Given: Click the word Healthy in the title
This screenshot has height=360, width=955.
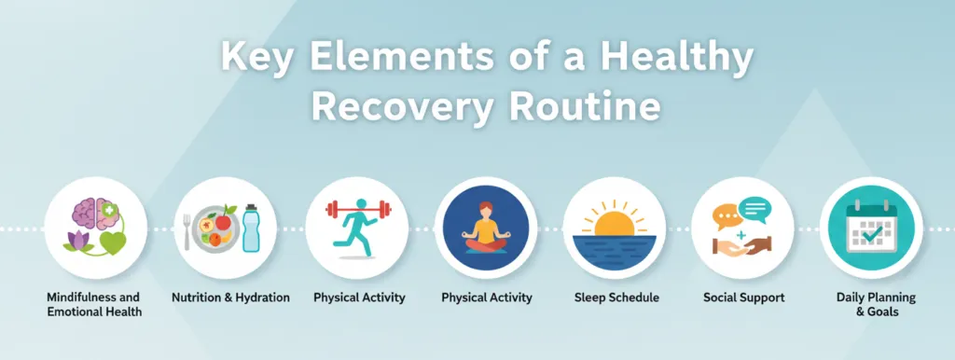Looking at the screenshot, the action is click(x=677, y=57).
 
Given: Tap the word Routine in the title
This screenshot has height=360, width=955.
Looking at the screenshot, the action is click(x=586, y=106).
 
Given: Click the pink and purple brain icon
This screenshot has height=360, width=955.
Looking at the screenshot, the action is click(x=94, y=215).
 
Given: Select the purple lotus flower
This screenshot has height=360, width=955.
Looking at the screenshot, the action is click(x=78, y=242).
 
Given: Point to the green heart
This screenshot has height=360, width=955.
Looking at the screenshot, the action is click(x=112, y=243).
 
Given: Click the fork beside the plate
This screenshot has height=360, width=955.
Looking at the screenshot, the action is click(x=187, y=232).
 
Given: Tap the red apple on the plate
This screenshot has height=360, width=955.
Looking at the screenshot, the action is click(x=223, y=220).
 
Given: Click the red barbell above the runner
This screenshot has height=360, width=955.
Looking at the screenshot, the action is click(x=356, y=210).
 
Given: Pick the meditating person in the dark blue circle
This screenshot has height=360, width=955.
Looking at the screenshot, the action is click(x=485, y=228).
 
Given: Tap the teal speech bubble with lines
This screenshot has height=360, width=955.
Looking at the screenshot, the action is click(x=754, y=210).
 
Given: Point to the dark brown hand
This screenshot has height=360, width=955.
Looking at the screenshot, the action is click(x=757, y=245).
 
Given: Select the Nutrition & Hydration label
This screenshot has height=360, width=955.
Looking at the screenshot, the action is click(x=230, y=298).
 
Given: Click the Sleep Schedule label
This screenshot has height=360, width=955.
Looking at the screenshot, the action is click(x=616, y=298).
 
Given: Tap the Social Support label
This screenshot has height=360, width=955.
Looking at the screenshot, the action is click(x=743, y=298).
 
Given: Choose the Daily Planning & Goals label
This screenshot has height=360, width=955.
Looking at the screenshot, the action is click(x=876, y=305).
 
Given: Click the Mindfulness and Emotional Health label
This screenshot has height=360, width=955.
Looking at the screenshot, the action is click(x=94, y=305).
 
